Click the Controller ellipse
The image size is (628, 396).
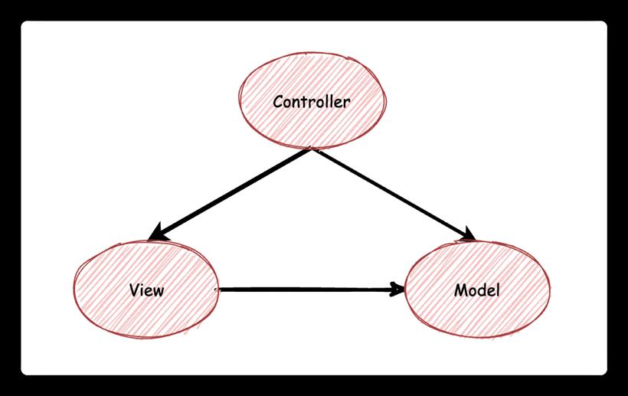point(312,100)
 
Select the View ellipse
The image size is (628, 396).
point(146,289)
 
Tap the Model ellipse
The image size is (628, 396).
point(477,289)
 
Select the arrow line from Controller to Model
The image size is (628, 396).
point(394,195)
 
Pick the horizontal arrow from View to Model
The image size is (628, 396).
point(311,289)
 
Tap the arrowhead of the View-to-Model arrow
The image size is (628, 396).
point(398,289)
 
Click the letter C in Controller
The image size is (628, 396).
point(279,102)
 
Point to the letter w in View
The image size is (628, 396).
point(159,292)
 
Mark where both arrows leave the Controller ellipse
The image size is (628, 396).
point(312,149)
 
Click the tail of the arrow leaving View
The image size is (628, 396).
point(218,289)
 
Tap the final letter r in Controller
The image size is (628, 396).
point(346,103)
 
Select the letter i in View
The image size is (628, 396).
point(143,290)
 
